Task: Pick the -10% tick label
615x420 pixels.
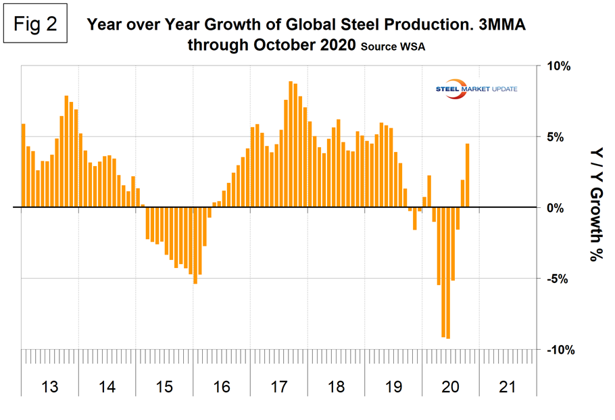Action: (x=558, y=350)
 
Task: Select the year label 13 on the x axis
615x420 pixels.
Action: (x=50, y=387)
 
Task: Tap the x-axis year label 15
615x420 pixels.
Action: (x=164, y=387)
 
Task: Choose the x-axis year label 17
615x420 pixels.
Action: (x=278, y=387)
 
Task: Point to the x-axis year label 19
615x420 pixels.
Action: (x=393, y=387)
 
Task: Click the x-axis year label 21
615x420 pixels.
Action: (x=508, y=387)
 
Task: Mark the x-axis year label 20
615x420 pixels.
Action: (x=450, y=387)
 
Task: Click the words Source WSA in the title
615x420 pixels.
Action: (x=392, y=47)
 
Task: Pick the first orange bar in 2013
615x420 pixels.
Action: (x=23, y=165)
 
